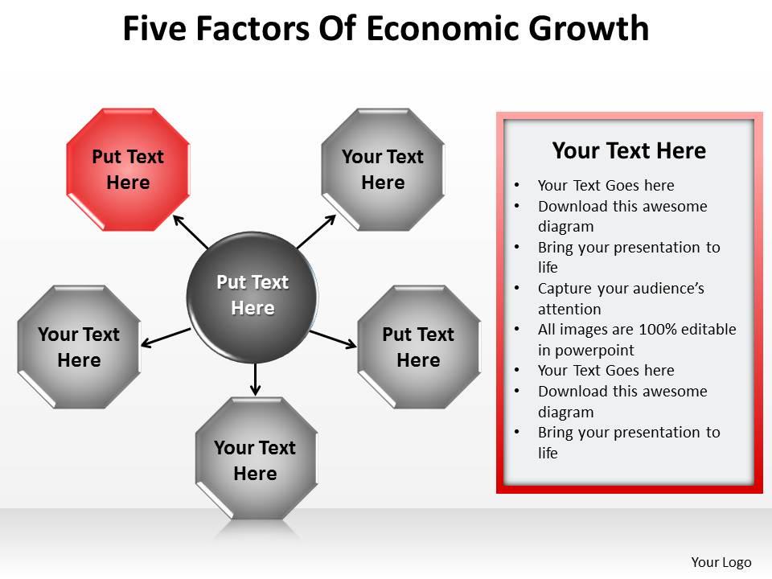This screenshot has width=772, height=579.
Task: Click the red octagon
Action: [128, 169]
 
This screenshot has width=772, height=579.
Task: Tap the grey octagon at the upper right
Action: [383, 169]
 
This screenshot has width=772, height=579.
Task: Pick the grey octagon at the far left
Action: [79, 347]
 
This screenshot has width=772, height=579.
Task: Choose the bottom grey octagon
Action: [256, 459]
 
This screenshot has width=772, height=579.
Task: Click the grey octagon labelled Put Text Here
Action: [418, 347]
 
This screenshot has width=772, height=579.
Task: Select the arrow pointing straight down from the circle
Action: [256, 380]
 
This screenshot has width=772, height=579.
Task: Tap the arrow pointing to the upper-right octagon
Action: [315, 232]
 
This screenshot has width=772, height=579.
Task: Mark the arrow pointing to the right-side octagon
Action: [333, 339]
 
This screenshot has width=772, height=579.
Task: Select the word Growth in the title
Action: [589, 29]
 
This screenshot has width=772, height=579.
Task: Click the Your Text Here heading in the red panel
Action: [629, 150]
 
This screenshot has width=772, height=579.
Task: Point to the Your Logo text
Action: [721, 562]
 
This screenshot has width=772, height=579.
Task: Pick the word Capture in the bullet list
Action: [562, 288]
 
